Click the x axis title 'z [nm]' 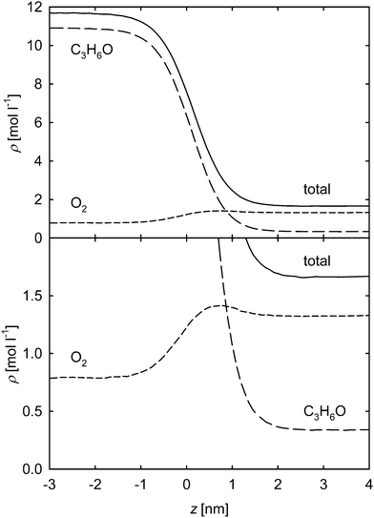209,506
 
